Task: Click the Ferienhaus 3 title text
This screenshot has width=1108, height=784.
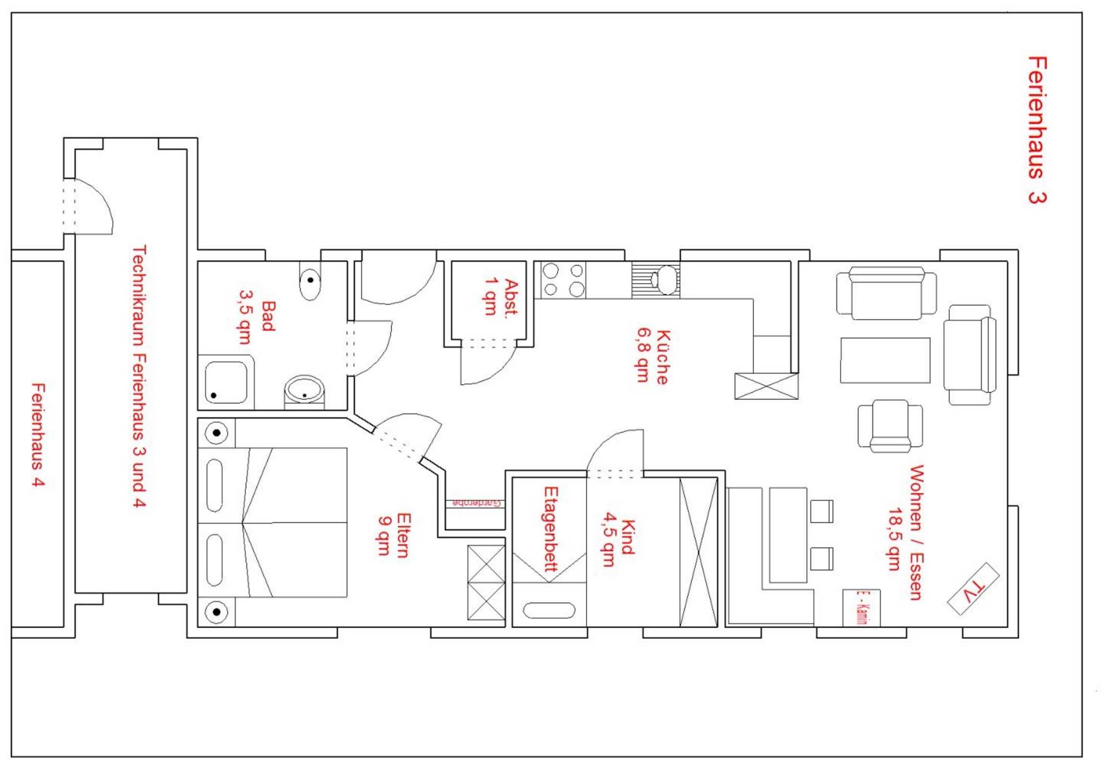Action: pos(1037,130)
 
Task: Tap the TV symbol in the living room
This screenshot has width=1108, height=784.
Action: pos(973,589)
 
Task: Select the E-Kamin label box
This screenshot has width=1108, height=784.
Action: pos(861,608)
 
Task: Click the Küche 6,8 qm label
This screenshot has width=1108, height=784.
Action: pos(653,357)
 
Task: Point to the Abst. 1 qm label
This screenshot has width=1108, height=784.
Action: pos(501,297)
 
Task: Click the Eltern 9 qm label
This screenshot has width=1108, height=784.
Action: pos(394,535)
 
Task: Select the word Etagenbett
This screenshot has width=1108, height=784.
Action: pos(551,529)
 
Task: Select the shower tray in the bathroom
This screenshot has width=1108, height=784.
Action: pos(226,382)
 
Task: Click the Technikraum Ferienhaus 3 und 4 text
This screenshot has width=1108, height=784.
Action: pos(139,376)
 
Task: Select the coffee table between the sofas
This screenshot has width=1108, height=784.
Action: pos(885,360)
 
